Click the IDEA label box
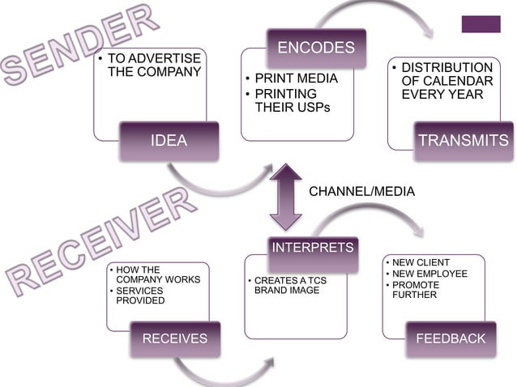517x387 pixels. pyautogui.click(x=169, y=141)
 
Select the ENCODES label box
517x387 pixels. pyautogui.click(x=316, y=48)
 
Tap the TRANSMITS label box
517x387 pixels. pyautogui.click(x=464, y=141)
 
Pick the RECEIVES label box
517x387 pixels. pyautogui.click(x=175, y=338)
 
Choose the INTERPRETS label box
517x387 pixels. pyautogui.click(x=312, y=246)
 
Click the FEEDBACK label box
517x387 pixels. pyautogui.click(x=450, y=338)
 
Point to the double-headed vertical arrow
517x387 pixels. pyautogui.click(x=285, y=196)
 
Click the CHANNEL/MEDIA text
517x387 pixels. pyautogui.click(x=362, y=191)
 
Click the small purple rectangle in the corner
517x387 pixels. pyautogui.click(x=481, y=24)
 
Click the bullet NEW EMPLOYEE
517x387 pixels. pyautogui.click(x=430, y=274)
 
